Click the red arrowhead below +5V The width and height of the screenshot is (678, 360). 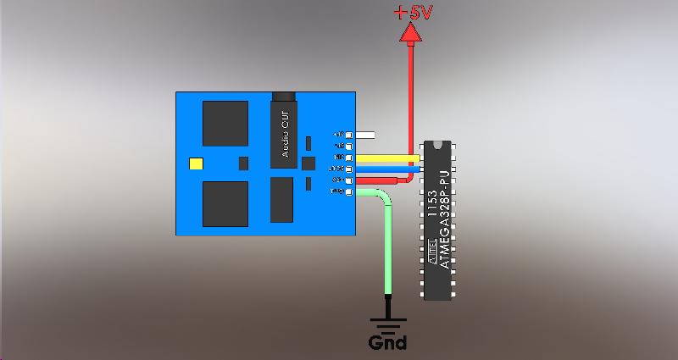tap(411, 33)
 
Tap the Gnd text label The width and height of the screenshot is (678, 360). tap(387, 343)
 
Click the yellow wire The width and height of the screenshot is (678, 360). tap(386, 158)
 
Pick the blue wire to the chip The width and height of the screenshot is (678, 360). tap(386, 169)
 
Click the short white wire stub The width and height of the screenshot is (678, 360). tap(366, 135)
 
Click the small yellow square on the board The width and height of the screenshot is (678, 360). tap(197, 163)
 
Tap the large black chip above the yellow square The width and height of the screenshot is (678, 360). tap(225, 123)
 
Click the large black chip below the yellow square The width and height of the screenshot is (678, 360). tap(225, 204)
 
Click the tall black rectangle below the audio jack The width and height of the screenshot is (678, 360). tap(281, 199)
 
